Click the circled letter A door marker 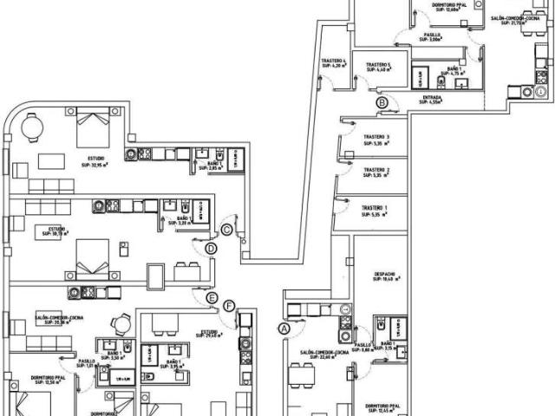pyautogui.click(x=282, y=328)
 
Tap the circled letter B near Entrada pyautogui.click(x=382, y=103)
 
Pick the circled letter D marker pyautogui.click(x=211, y=250)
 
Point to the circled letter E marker pyautogui.click(x=212, y=299)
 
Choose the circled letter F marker pyautogui.click(x=229, y=306)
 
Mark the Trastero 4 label pyautogui.click(x=334, y=62)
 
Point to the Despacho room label pyautogui.click(x=385, y=276)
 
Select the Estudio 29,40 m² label pyautogui.click(x=209, y=333)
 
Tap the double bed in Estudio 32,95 pyautogui.click(x=93, y=127)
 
